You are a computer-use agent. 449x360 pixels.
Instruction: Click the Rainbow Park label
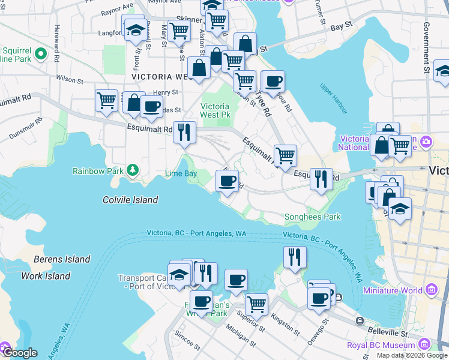point(97,171)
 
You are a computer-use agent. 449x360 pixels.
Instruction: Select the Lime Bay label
point(181,174)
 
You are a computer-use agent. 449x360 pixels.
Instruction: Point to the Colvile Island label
point(130,200)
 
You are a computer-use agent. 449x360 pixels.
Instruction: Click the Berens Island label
point(62,260)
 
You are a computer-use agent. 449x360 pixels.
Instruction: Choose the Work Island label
point(46,276)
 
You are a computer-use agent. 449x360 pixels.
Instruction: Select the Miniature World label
point(393,290)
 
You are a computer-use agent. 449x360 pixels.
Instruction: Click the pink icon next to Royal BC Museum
point(426,344)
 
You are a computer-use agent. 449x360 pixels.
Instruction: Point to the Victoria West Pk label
point(215,110)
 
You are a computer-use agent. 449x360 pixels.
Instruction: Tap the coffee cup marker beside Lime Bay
point(227,181)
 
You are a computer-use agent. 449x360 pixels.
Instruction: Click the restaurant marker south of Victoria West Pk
point(184,132)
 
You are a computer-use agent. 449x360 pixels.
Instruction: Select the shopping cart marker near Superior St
point(257,305)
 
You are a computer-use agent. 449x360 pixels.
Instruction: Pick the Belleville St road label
point(388,332)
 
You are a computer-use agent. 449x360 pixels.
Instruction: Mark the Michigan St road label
point(240,333)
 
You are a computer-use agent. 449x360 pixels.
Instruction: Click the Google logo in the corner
point(19,353)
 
